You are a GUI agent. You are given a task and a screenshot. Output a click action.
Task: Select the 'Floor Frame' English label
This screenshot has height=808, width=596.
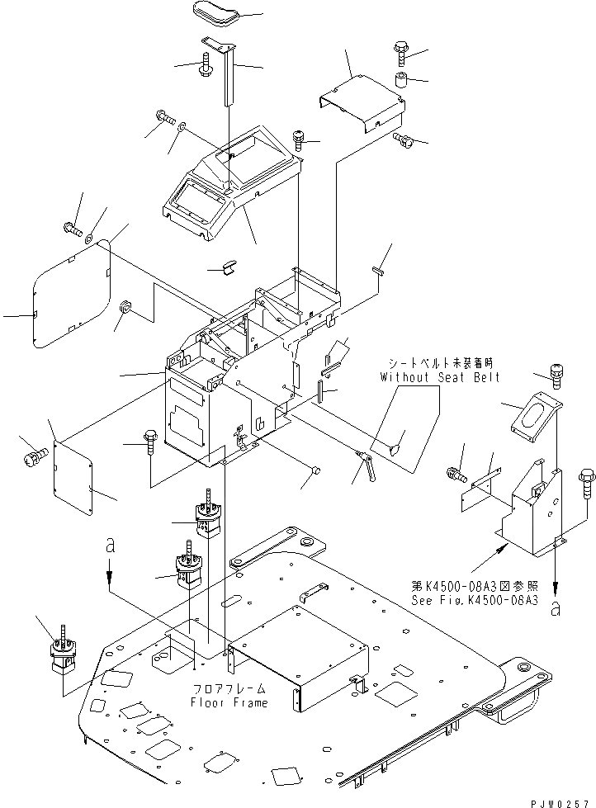point(229,702)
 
